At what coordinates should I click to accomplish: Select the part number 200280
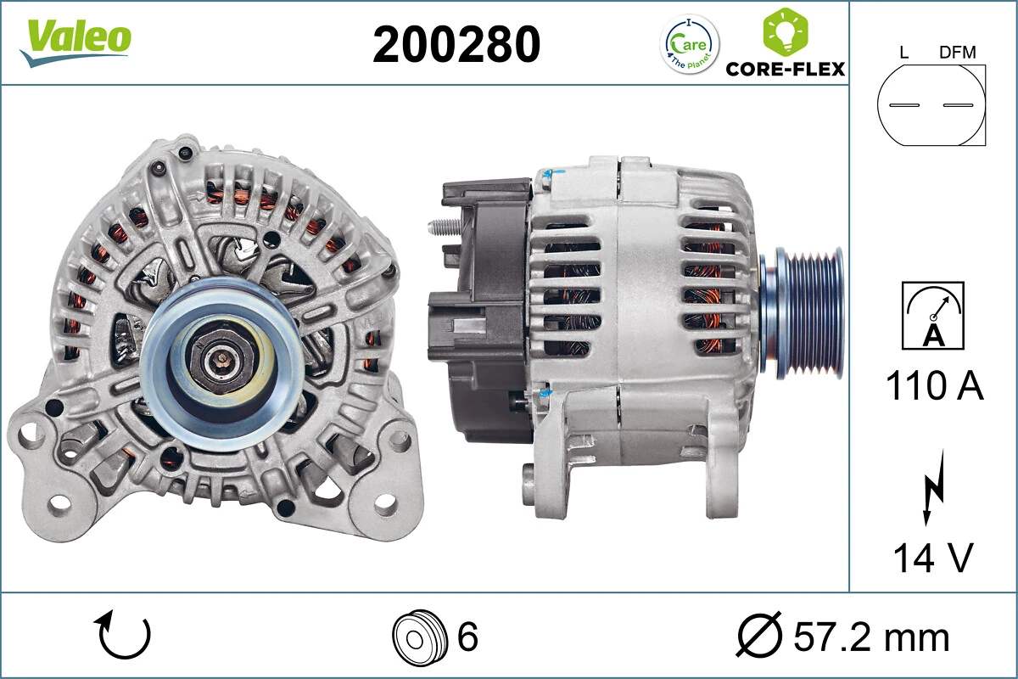click(x=456, y=44)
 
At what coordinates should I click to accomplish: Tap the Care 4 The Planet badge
click(x=689, y=44)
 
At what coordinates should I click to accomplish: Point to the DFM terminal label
click(x=957, y=53)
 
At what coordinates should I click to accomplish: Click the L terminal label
click(x=903, y=53)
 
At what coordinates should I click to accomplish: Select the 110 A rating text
click(x=934, y=386)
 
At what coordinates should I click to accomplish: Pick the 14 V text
click(x=932, y=558)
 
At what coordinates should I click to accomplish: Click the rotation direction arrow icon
click(x=125, y=636)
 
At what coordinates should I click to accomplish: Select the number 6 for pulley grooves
click(x=467, y=637)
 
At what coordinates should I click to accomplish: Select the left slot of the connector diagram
click(x=904, y=105)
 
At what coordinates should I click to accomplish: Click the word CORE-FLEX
click(x=786, y=69)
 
